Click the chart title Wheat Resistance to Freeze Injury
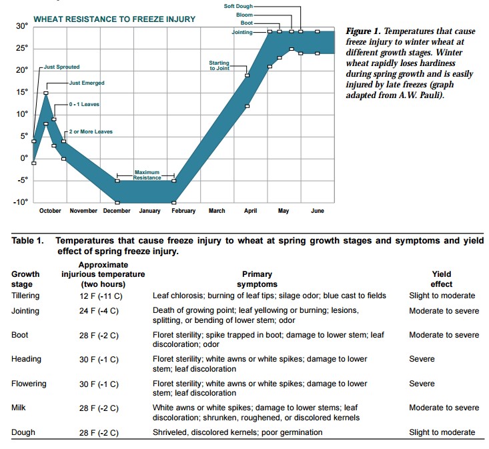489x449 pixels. point(114,19)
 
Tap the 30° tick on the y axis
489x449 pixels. point(22,26)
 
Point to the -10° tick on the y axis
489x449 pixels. point(21,202)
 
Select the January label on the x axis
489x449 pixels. point(149,211)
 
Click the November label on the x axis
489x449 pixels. point(83,211)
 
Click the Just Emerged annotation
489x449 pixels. point(87,83)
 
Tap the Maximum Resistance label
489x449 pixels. point(147,175)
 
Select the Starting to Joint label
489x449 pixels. point(219,65)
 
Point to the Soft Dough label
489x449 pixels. point(238,5)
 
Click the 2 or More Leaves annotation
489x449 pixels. point(91,131)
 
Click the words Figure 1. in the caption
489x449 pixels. point(364,31)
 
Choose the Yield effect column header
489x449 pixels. point(442,279)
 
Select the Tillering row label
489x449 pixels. point(25,296)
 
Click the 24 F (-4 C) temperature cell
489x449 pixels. point(99,312)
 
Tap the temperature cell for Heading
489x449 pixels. point(99,360)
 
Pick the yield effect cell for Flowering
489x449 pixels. point(422,384)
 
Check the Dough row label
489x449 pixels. point(23,432)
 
